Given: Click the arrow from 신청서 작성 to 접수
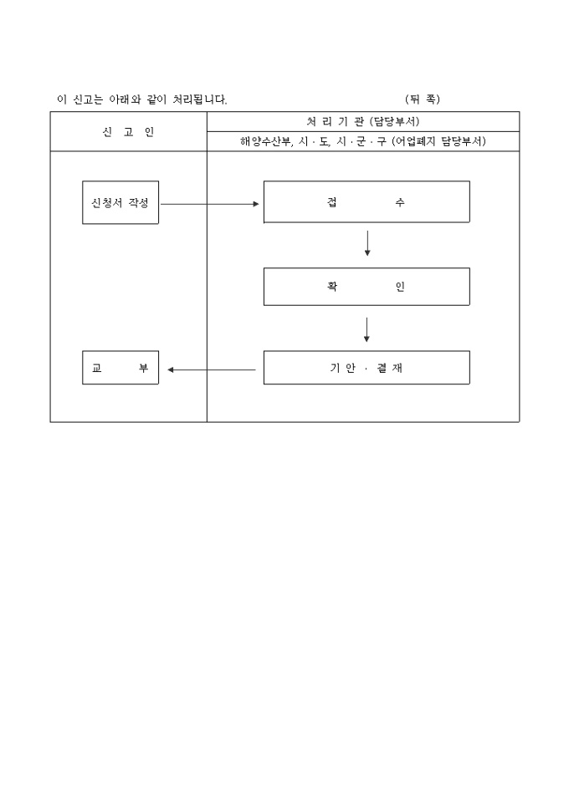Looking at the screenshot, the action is coord(210,204).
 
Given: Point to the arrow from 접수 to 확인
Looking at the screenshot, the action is coord(367,243).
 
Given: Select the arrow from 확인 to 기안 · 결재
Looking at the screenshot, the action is coord(367,329).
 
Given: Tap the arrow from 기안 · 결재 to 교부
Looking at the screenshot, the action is coord(212,369).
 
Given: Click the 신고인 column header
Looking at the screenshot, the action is coord(128,132).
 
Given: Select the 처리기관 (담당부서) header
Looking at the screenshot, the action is coord(363,121).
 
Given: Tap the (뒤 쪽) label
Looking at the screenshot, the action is coord(423,99).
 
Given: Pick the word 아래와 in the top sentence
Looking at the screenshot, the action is coord(125,99).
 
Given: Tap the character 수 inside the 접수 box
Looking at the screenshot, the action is coord(400,202).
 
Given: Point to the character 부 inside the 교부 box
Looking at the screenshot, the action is coord(143,369).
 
